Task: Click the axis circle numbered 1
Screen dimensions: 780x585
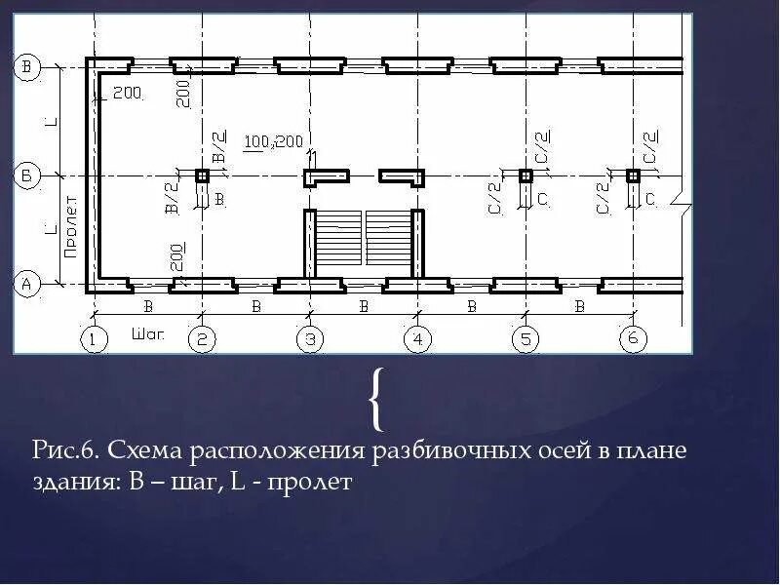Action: [x=93, y=339]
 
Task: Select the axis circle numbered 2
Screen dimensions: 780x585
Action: [x=201, y=339]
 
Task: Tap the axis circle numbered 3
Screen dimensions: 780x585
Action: [x=309, y=339]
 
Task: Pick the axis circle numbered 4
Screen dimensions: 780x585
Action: [x=417, y=339]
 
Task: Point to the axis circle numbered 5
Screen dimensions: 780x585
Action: [x=526, y=339]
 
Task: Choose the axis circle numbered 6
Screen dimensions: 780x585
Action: [x=633, y=339]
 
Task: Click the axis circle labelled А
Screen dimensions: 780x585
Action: [x=27, y=285]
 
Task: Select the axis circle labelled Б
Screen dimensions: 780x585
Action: [x=27, y=175]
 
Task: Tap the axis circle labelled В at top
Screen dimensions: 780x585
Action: [x=27, y=67]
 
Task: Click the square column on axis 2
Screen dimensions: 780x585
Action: [x=202, y=175]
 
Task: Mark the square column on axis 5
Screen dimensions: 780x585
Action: [x=526, y=175]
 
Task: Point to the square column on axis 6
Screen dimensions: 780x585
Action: [x=633, y=175]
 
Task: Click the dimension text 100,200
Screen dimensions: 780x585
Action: [x=274, y=141]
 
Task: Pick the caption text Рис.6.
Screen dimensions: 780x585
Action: [x=65, y=452]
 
